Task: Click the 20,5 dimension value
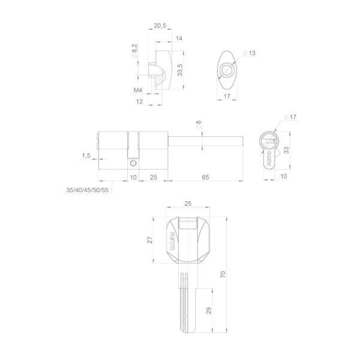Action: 160,25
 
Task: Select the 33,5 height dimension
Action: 180,70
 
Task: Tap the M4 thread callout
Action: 138,90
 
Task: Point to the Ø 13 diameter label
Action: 249,53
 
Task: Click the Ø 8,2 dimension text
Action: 134,51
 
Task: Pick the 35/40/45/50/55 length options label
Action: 87,190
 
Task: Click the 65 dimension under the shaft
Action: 205,177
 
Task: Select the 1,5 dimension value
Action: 86,155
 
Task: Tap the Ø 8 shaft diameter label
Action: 199,125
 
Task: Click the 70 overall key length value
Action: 223,274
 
